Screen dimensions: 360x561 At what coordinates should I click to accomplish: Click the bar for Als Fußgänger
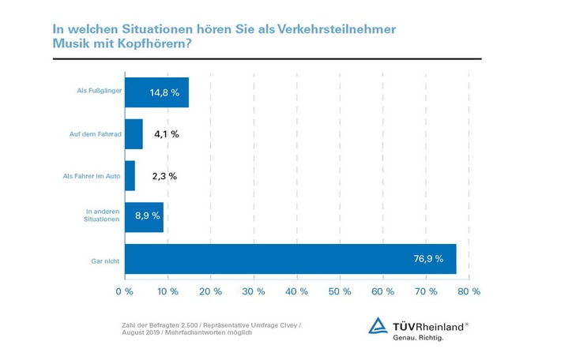click(x=156, y=92)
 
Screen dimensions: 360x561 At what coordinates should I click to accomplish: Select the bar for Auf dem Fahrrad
click(x=134, y=133)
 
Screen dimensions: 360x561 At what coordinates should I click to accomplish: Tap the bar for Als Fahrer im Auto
click(x=130, y=175)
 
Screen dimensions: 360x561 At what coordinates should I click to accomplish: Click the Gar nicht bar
click(x=290, y=259)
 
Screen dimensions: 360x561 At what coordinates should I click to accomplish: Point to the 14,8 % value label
click(x=164, y=92)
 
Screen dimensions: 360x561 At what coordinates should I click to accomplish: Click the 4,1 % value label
click(x=165, y=133)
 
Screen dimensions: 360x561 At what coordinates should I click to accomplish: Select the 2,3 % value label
click(x=164, y=175)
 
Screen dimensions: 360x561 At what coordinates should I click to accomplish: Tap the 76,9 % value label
click(x=427, y=259)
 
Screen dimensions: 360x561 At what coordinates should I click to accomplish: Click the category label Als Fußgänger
click(x=99, y=92)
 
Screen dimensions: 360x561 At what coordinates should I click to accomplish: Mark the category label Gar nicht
click(x=106, y=260)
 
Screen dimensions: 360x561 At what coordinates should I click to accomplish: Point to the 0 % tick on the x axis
click(x=124, y=291)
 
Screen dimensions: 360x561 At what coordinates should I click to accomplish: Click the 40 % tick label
click(x=296, y=291)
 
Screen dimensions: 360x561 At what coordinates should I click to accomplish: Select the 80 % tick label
click(x=469, y=291)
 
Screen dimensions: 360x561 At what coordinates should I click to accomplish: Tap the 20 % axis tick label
click(x=210, y=291)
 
